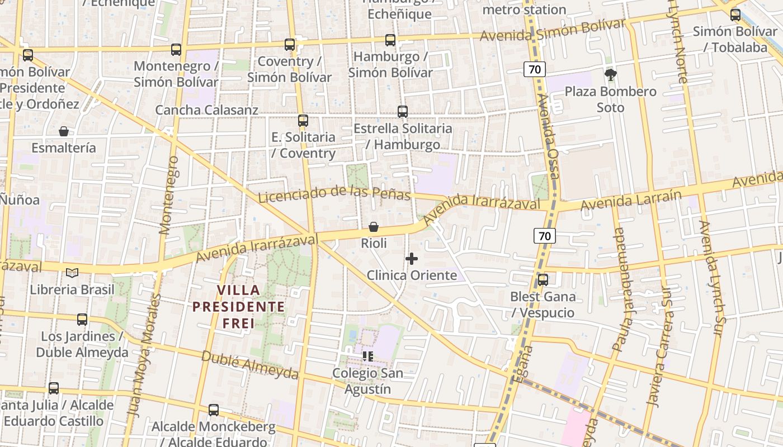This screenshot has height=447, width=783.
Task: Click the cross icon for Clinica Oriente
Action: (412, 259)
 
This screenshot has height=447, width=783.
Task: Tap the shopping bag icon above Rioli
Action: (374, 227)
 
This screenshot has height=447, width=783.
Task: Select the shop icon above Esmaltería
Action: (64, 131)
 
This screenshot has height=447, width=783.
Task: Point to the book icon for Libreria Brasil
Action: (72, 273)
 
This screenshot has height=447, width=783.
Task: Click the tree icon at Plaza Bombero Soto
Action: (611, 74)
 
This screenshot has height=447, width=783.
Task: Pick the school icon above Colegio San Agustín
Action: (367, 356)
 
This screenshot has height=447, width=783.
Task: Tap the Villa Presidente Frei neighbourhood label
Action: (239, 306)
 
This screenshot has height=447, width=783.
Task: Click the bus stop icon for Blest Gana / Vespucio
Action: (543, 279)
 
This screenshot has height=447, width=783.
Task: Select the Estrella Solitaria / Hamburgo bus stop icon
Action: (403, 111)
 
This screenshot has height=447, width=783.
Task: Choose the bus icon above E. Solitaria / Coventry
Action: (303, 120)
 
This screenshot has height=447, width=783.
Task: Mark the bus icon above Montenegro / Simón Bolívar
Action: (176, 49)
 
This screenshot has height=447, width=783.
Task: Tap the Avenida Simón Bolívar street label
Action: (553, 31)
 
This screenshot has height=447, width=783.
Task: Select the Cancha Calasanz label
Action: (206, 110)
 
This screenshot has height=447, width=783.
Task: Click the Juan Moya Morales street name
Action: (143, 358)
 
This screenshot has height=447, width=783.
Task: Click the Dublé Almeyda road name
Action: (249, 365)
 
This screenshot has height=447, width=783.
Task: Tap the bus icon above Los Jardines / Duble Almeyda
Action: (82, 320)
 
